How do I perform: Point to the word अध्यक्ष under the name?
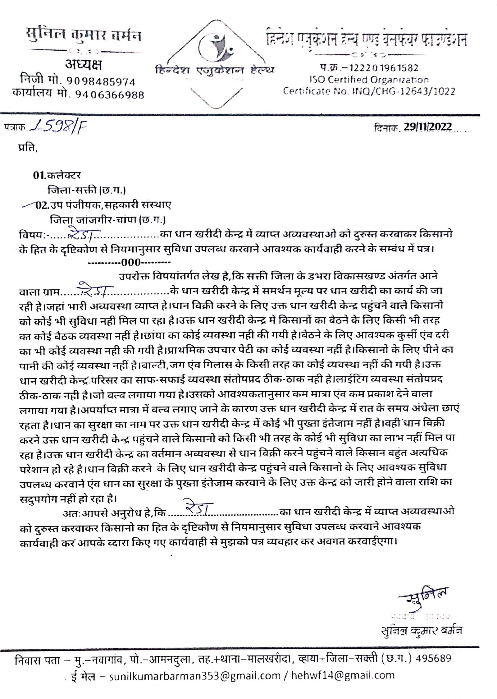pos(83,65)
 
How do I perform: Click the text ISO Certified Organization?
pos(369,80)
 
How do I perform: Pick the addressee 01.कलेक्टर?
pos(57,176)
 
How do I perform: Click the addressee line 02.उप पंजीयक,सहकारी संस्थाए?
pos(103,205)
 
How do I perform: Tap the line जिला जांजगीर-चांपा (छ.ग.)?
pos(107,220)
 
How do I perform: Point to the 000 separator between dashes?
pos(131,263)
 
